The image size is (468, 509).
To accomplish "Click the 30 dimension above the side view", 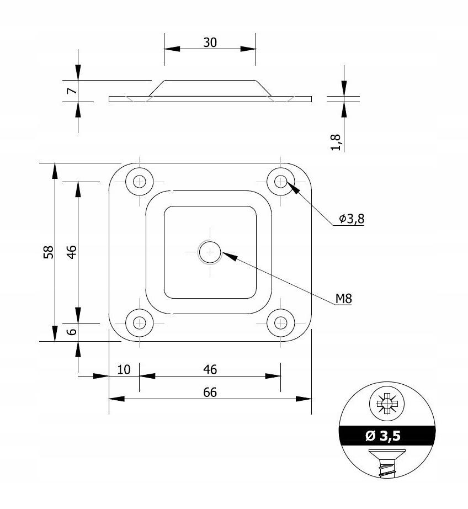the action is pos(210,43).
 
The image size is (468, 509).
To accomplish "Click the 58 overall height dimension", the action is pos(49,252).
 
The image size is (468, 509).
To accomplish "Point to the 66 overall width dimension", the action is pos(210,392).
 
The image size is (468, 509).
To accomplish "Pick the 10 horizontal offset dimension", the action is pos(124,369).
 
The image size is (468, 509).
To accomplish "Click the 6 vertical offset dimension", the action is pos(71,332).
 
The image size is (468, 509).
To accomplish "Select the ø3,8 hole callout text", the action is pos(352,219).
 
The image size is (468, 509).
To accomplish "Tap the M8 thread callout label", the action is pos(343,299).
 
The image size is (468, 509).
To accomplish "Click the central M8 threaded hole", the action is pos(210,253).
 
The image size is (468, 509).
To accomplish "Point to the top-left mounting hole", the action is pos(139,181).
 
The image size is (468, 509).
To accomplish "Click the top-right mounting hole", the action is pos(281,181).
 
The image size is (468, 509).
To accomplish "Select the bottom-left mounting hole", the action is pos(139,323).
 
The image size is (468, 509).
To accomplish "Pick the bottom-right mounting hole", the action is pos(281,323).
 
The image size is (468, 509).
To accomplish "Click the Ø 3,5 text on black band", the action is pos(382,436).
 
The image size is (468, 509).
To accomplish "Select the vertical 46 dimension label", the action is pos(71,252).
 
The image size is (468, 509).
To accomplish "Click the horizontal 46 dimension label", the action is pos(210,369).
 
